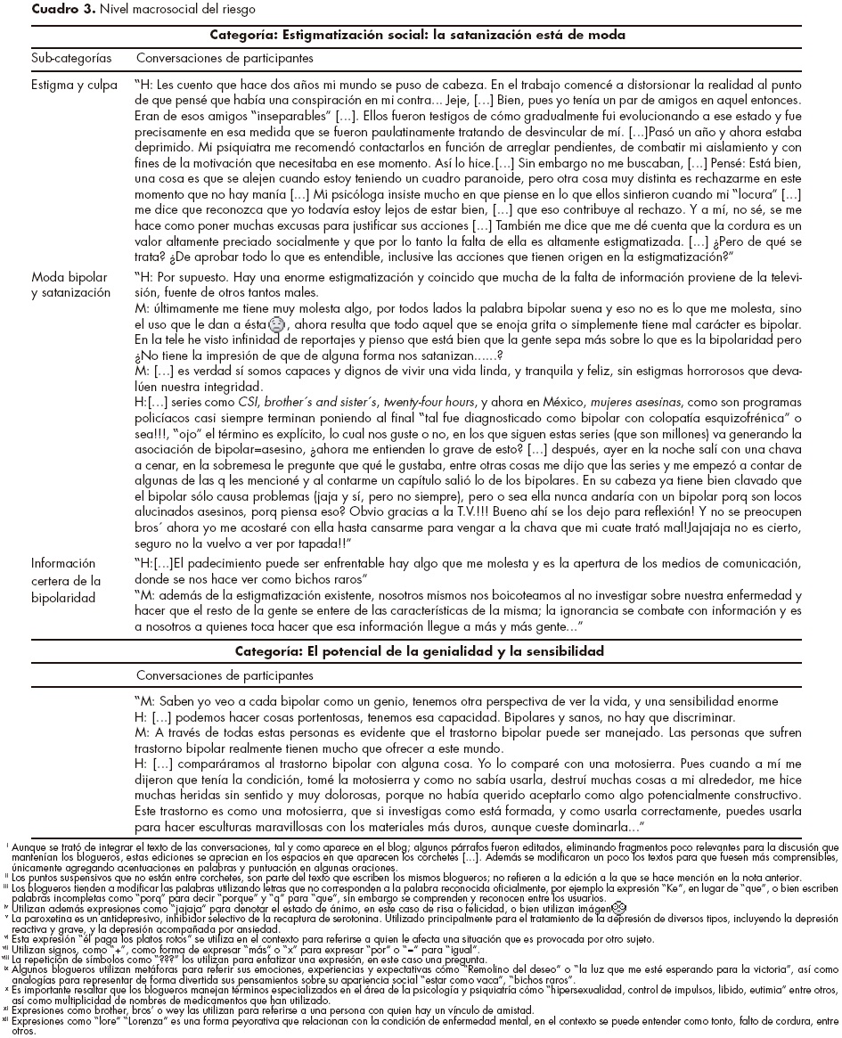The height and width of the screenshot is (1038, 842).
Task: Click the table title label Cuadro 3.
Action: click(33, 9)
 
